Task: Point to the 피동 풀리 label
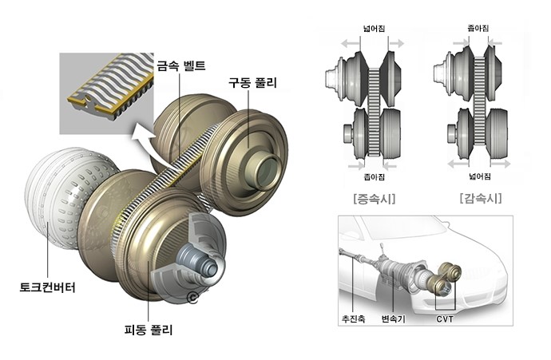[149, 329]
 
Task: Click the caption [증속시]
[368, 197]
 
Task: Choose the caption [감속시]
[479, 197]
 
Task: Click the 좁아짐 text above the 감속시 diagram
[478, 29]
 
